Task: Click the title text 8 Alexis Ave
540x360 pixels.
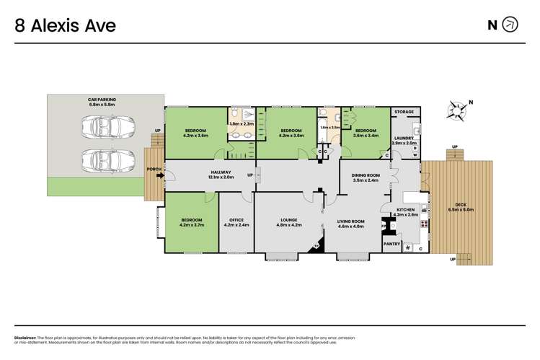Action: click(x=66, y=26)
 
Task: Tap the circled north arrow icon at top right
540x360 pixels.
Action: click(x=510, y=25)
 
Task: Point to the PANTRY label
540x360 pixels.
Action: click(x=391, y=244)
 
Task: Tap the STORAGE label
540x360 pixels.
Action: click(x=404, y=113)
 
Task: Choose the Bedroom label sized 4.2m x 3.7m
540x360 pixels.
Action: click(x=191, y=221)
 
